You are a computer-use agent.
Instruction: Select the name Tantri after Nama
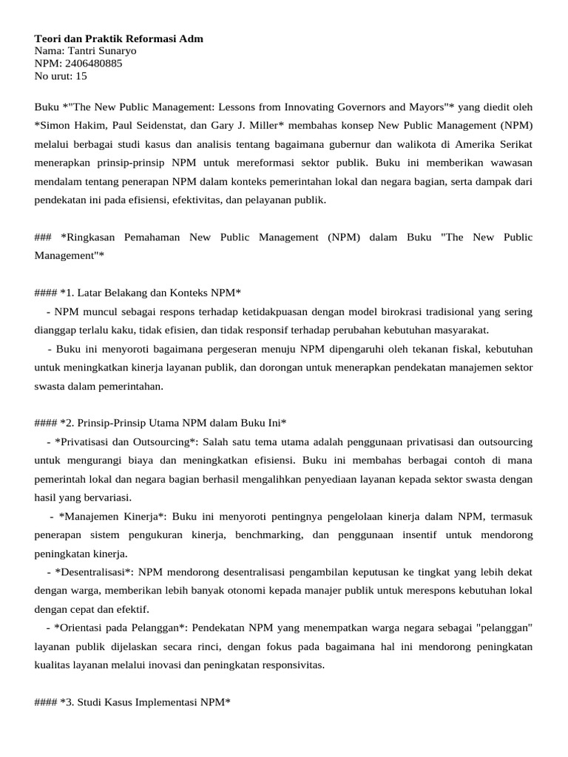coord(80,50)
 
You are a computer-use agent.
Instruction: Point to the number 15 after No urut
coord(81,75)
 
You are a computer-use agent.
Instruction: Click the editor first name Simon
coord(56,126)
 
